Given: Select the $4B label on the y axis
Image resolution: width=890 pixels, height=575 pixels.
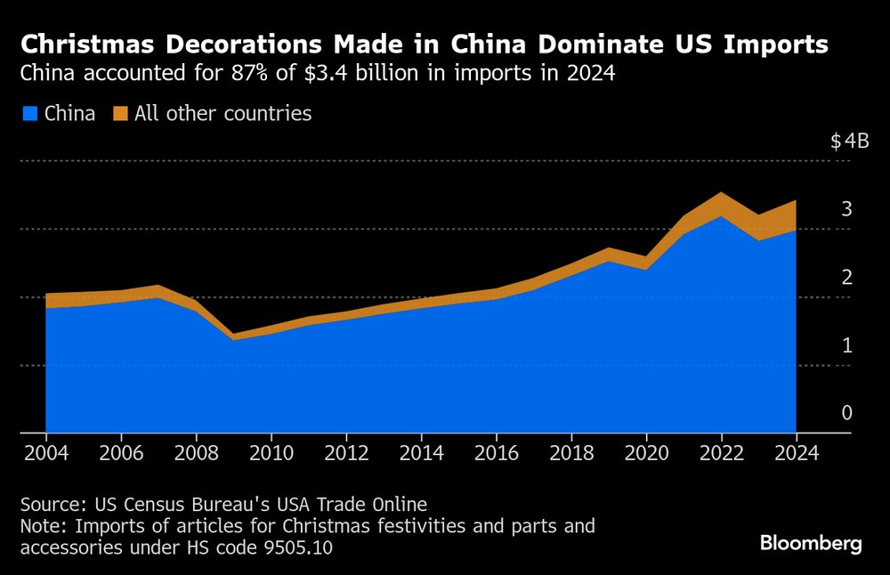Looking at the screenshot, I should click(849, 142).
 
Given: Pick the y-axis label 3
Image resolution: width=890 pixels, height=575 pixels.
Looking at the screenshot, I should click(847, 209).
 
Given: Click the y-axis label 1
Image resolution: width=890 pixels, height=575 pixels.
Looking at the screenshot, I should click(847, 345).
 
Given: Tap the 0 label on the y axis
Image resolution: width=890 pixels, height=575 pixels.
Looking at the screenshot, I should click(847, 413).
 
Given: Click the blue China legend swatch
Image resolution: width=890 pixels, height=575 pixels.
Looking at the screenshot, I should click(29, 114).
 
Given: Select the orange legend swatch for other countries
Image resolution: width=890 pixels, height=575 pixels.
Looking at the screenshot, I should click(120, 114).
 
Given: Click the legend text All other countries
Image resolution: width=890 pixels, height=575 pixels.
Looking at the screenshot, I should click(222, 114).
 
